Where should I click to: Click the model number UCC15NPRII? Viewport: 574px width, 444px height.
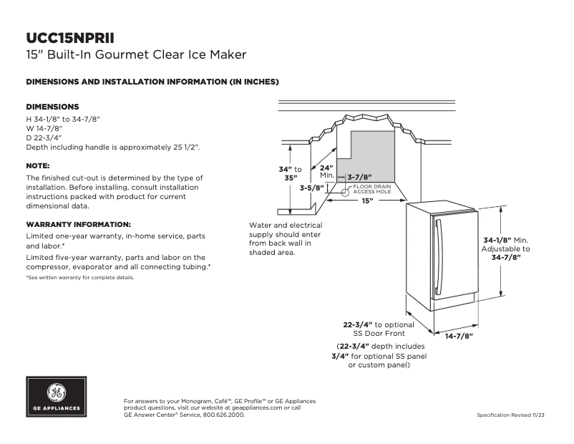[x=70, y=37]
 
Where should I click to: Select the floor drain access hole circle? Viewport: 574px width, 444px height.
[x=344, y=192]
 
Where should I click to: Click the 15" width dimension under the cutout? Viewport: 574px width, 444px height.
[x=367, y=201]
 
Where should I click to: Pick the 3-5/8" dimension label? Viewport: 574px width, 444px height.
[x=313, y=188]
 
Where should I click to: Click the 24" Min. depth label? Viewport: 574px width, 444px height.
[x=327, y=171]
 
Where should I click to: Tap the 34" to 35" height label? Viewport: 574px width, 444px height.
[x=290, y=173]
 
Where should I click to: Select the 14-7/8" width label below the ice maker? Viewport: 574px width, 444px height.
[x=459, y=335]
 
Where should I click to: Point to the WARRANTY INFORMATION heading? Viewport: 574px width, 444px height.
[x=78, y=224]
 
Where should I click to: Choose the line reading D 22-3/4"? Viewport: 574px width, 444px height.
[x=44, y=137]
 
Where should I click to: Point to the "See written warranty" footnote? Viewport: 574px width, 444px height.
[x=80, y=277]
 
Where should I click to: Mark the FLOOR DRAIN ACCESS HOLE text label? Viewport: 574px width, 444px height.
[x=371, y=189]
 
